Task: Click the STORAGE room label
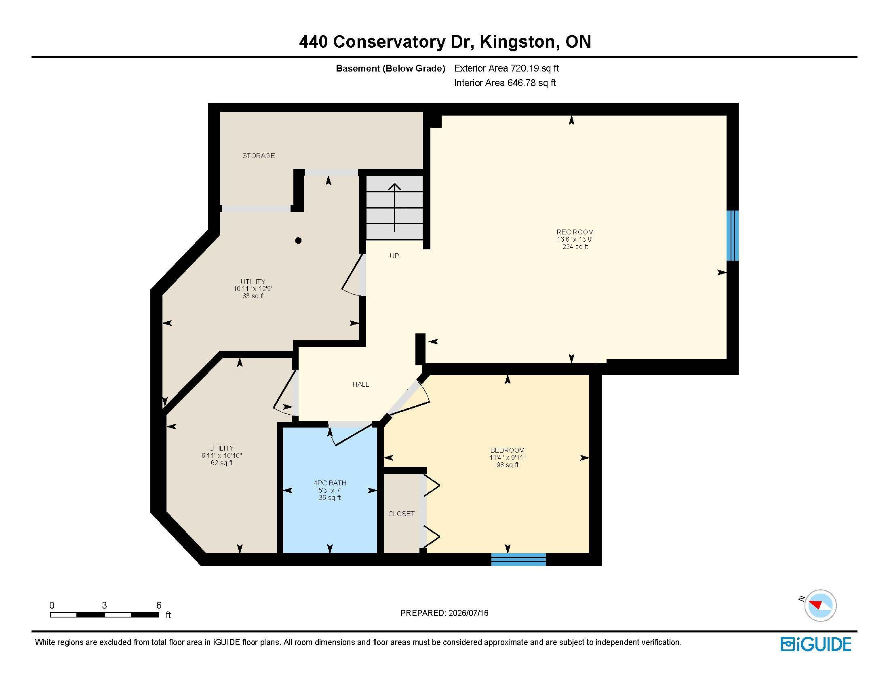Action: coord(259,156)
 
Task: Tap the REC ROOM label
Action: coord(575,232)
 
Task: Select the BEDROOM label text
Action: coord(507,450)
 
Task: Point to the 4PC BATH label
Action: coord(330,483)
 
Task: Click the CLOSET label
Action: coord(401,514)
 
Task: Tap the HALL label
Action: coord(360,384)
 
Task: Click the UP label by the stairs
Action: coord(394,255)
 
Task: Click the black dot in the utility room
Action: coord(298,240)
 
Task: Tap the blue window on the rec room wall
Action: coord(733,235)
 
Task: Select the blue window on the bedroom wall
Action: coord(518,559)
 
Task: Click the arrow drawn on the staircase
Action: coord(394,208)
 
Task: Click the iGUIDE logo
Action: coord(816,644)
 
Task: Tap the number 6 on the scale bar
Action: coord(159,605)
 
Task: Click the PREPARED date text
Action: coord(444,613)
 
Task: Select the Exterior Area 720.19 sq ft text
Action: coord(507,68)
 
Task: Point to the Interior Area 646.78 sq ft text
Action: coord(505,83)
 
